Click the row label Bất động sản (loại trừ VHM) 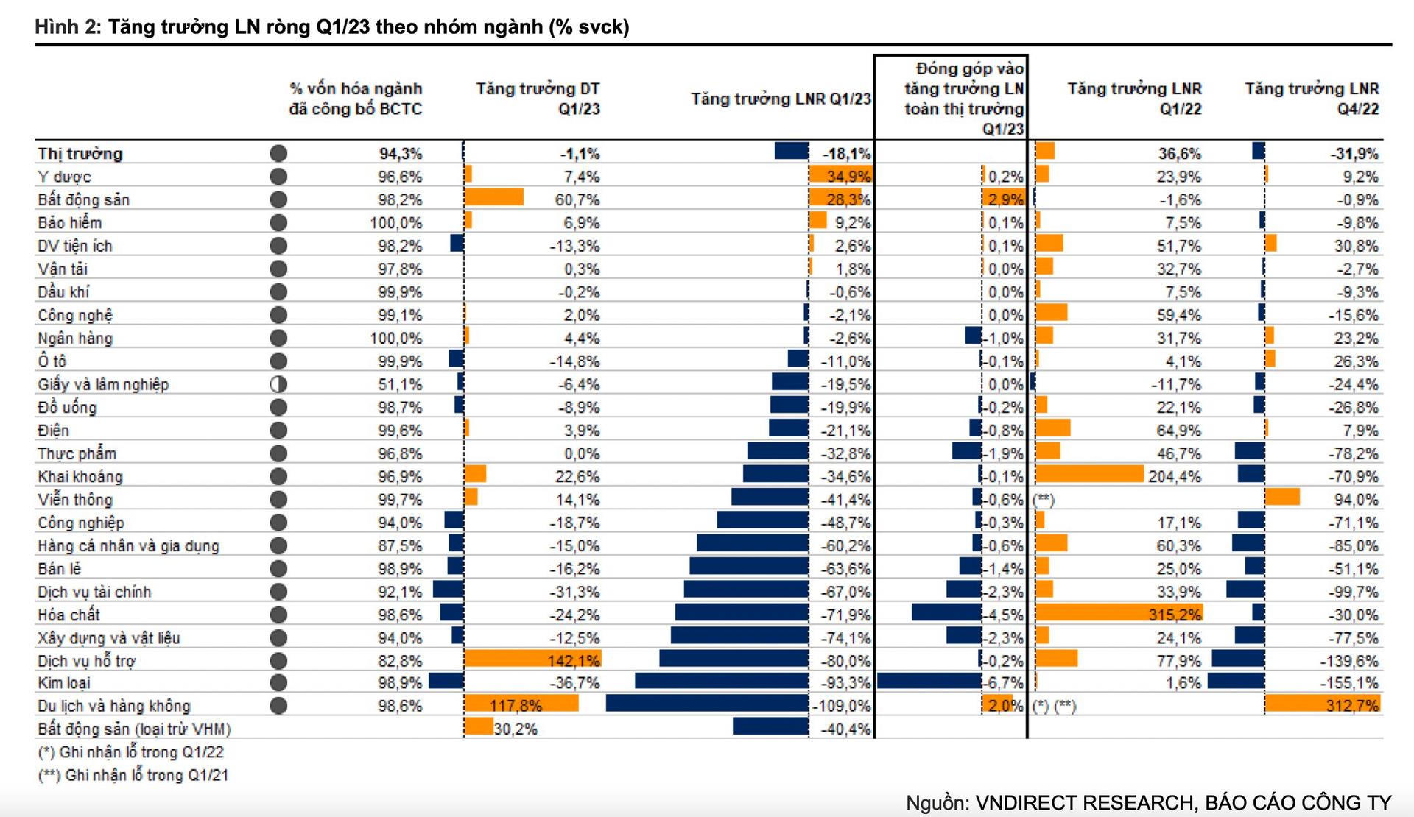point(134,729)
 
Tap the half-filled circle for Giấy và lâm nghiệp point(278,383)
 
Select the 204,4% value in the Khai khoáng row point(1174,476)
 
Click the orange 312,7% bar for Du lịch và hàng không point(1322,705)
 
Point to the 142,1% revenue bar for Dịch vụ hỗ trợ point(532,659)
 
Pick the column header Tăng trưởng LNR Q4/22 point(1312,99)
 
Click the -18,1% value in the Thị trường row point(846,153)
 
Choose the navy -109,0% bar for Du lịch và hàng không point(707,705)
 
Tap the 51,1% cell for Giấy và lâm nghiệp point(400,384)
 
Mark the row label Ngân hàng point(75,338)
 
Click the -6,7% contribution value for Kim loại point(1005,682)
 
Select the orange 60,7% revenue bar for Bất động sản point(494,197)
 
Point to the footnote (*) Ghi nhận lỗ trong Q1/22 point(130,751)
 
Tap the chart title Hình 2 point(331,27)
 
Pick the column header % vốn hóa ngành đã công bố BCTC point(356,99)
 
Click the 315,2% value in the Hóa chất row point(1174,614)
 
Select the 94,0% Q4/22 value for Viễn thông point(1356,499)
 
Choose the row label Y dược point(65,177)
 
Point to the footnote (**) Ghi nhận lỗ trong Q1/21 point(133,774)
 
